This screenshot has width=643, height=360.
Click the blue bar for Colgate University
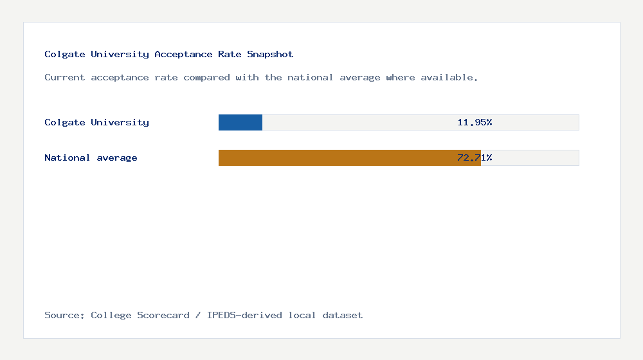[240, 122]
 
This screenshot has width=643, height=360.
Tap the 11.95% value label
[475, 122]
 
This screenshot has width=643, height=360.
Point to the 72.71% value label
[475, 157]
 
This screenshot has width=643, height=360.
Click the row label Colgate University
[96, 122]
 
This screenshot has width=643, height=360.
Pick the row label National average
[91, 157]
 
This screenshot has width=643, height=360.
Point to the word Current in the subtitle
[65, 78]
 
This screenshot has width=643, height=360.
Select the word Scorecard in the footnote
[163, 315]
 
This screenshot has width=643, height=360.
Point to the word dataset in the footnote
[343, 315]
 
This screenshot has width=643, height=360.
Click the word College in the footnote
[111, 315]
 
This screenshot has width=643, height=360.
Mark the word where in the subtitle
[400, 78]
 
